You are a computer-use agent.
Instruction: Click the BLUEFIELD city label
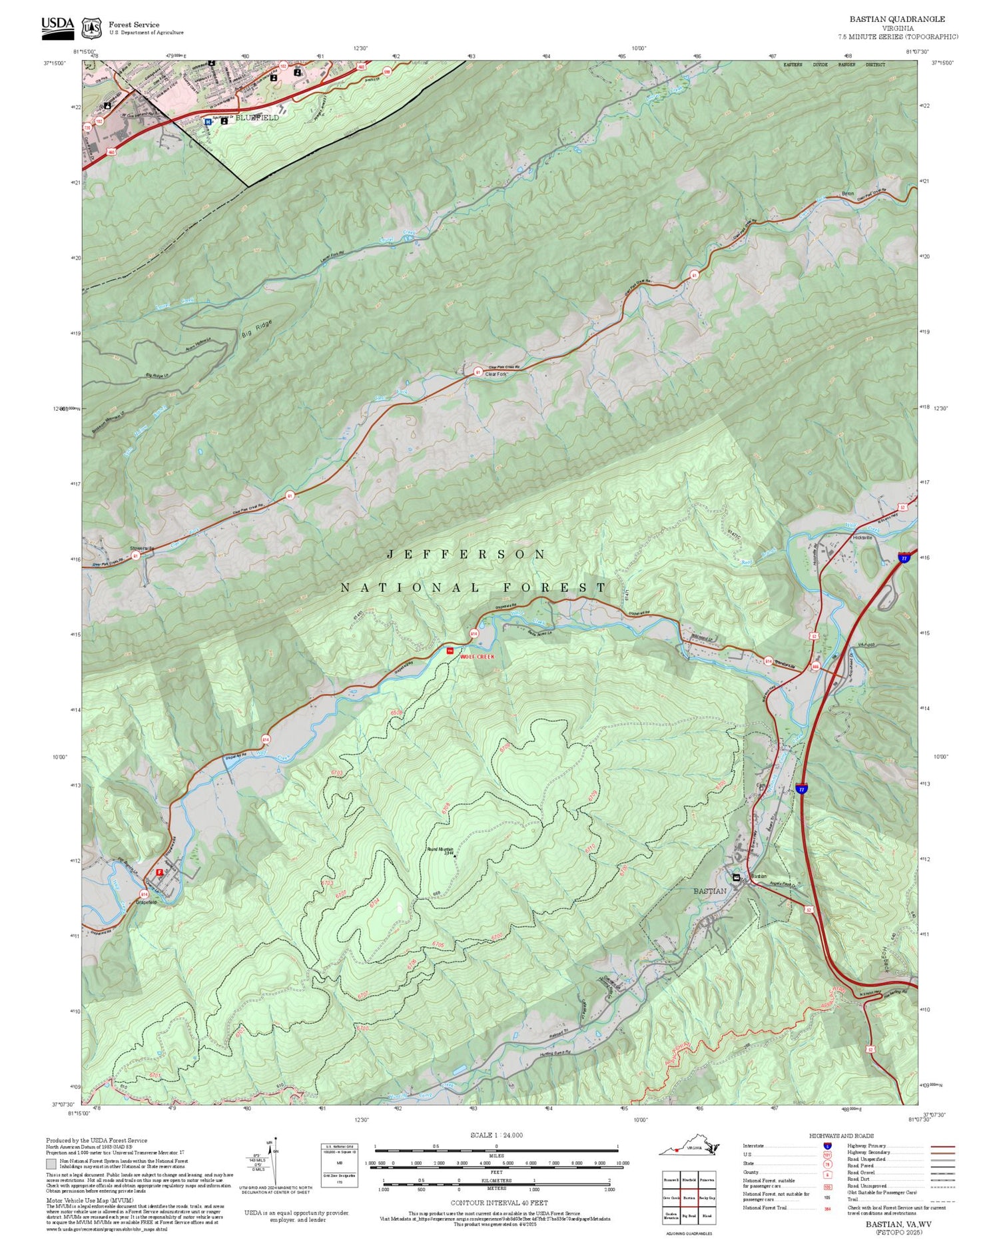(257, 117)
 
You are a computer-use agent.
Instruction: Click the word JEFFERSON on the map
(466, 554)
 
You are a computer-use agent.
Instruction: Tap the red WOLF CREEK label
(478, 657)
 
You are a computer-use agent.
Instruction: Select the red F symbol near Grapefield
(159, 872)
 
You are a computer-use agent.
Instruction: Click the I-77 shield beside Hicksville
(904, 557)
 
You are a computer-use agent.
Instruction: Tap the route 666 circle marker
(815, 666)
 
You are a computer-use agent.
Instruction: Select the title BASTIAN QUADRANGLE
(896, 19)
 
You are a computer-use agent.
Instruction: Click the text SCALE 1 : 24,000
(496, 1135)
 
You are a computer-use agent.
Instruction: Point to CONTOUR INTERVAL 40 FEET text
(499, 1203)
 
